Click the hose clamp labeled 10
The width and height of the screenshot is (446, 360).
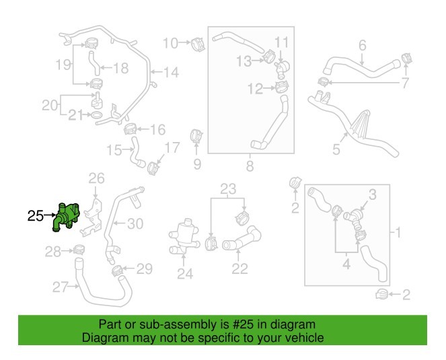(198, 44)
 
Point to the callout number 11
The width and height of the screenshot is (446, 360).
(282, 42)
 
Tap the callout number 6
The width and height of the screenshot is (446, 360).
(362, 46)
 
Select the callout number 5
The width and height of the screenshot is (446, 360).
(336, 149)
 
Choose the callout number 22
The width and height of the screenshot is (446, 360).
(239, 269)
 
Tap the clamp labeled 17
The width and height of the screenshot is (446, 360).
(153, 166)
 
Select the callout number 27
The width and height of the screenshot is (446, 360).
(61, 288)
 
